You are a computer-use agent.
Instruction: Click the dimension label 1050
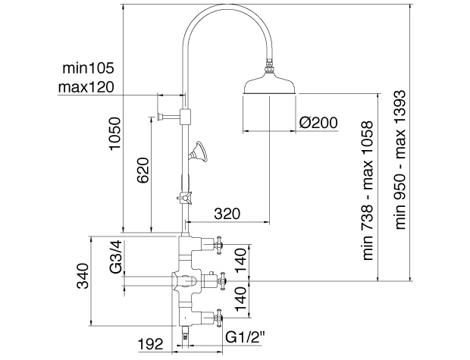pos(115,133)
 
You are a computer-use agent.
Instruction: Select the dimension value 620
pos(143,170)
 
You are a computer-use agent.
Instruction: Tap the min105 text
pos(89,68)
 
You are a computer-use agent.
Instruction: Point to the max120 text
pos(86,87)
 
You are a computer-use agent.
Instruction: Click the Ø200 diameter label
pos(318,122)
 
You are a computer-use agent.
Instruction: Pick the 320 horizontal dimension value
pos(227,214)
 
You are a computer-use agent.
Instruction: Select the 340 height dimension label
pos(83,276)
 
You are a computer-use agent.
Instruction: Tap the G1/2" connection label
pos(245,337)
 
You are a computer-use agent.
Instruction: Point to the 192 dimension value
pos(150,344)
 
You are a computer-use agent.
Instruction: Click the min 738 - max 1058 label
pos(368,190)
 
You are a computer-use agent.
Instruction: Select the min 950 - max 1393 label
pos(400,160)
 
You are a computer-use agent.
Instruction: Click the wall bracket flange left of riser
pos(160,115)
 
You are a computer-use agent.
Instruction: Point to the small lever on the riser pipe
pos(183,198)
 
